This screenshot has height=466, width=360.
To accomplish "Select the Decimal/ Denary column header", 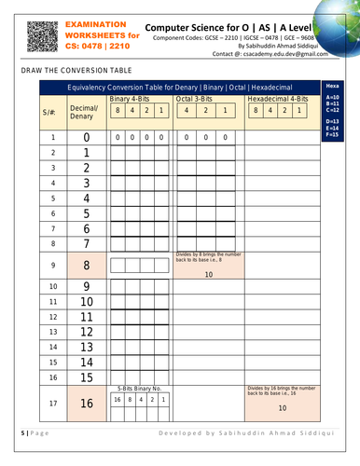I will [x=84, y=111].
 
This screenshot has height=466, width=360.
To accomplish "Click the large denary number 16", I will [x=87, y=403].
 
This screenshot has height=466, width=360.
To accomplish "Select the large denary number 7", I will [x=87, y=244].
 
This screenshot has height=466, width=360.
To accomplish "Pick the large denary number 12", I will [x=87, y=332].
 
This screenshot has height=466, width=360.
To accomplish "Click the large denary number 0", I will [x=87, y=138].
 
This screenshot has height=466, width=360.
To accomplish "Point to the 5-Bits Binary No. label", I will [x=139, y=387].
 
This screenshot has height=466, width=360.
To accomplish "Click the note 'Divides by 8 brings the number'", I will [x=208, y=254].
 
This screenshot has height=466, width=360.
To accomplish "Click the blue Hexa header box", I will [x=333, y=85].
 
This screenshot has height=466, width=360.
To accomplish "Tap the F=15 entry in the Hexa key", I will [x=332, y=136].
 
